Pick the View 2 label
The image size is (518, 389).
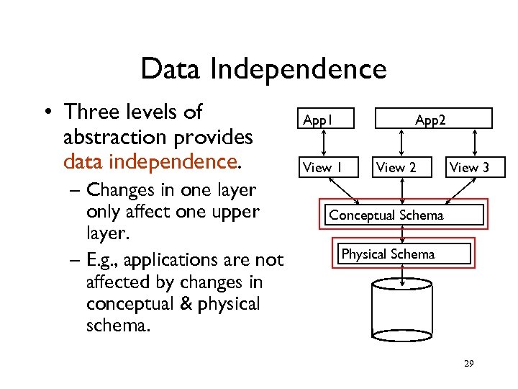coord(396,168)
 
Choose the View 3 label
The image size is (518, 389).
coord(469,168)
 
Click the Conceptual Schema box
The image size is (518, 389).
coord(404,215)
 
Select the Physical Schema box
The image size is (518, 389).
coord(404,254)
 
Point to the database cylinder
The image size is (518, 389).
coord(404,310)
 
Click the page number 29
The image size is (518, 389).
coord(468,365)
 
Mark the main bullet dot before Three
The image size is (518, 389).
coord(45,113)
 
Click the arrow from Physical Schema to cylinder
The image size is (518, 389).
coord(404,270)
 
